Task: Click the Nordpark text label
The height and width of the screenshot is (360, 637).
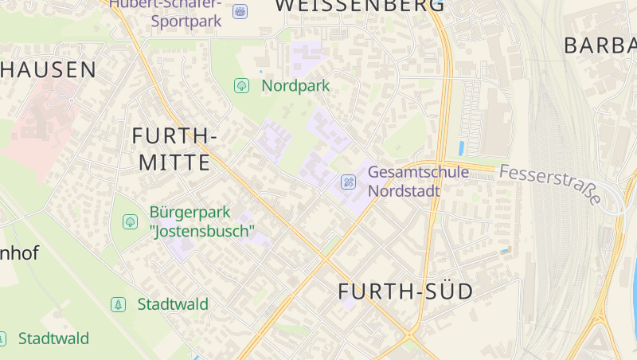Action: (x=295, y=85)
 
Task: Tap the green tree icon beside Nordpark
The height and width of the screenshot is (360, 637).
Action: (x=241, y=85)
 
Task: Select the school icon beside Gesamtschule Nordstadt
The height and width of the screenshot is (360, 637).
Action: (x=348, y=182)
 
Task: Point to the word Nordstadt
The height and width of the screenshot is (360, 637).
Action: (x=404, y=191)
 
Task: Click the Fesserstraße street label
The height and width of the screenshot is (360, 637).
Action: (x=550, y=184)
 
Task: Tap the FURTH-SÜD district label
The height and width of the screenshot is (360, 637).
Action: (x=405, y=292)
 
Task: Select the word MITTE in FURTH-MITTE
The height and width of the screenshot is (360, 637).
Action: (x=174, y=163)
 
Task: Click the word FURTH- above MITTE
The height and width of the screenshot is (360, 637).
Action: (x=174, y=135)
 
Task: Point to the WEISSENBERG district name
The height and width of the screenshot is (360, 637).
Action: (x=360, y=6)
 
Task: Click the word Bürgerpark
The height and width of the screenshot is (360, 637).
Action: (x=190, y=213)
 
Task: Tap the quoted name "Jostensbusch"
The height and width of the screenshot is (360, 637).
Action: (x=201, y=232)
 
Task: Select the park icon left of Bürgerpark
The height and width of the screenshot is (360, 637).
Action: (x=130, y=221)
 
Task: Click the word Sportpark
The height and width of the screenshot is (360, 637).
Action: (x=186, y=22)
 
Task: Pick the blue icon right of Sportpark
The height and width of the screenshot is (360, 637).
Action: (x=240, y=11)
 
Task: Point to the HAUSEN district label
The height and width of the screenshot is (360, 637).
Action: (x=48, y=69)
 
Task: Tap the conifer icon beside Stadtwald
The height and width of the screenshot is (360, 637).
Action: (x=118, y=304)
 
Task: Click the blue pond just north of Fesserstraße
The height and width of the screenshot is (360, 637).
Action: (x=462, y=147)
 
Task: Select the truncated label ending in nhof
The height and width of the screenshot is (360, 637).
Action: (x=19, y=253)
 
